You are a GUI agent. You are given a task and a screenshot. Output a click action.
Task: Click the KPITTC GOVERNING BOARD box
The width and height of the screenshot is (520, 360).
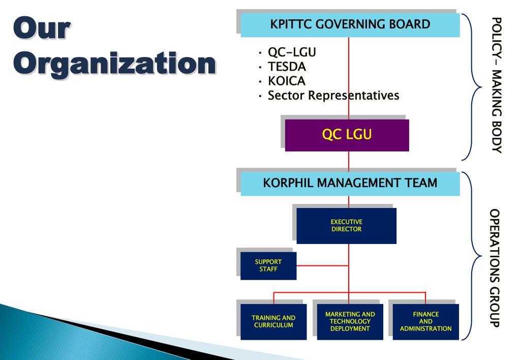tap(350, 24)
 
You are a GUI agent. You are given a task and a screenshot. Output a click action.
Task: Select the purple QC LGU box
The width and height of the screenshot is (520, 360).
tap(347, 135)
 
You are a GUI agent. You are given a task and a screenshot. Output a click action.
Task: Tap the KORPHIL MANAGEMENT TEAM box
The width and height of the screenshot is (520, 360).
tap(350, 184)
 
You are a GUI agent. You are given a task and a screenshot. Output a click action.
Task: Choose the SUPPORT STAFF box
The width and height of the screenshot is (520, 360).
tap(268, 265)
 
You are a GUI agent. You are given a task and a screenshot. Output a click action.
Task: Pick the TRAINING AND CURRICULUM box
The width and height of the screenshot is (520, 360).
tap(273, 321)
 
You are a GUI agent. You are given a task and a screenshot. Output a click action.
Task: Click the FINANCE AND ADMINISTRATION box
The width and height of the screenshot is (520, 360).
tap(426, 321)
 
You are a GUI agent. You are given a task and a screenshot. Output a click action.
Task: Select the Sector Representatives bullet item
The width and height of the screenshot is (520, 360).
tap(333, 95)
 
